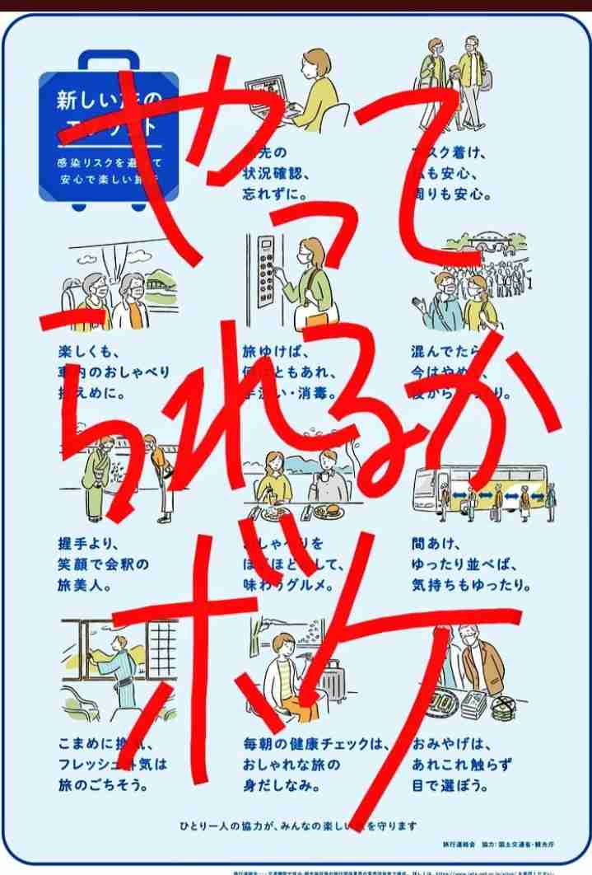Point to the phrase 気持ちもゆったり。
coord(470,586)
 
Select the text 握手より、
coord(89,545)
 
